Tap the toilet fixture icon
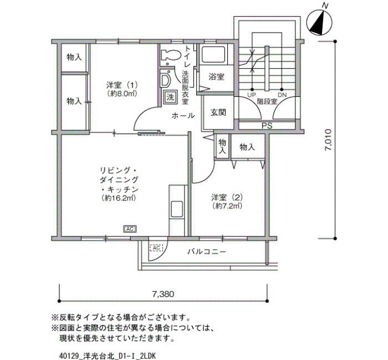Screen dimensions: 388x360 pyautogui.click(x=171, y=55)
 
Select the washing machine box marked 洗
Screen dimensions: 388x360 pyautogui.click(x=170, y=97)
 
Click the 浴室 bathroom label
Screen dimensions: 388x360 pyautogui.click(x=217, y=77)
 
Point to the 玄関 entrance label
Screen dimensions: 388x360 pyautogui.click(x=218, y=112)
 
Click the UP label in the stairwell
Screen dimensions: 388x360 pyautogui.click(x=252, y=95)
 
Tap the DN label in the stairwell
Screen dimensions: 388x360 pyautogui.click(x=282, y=95)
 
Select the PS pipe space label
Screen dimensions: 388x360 pyautogui.click(x=267, y=126)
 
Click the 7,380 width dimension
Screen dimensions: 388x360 pyautogui.click(x=163, y=294)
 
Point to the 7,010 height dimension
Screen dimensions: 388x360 pyautogui.click(x=329, y=140)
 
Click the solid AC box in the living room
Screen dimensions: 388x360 pyautogui.click(x=130, y=229)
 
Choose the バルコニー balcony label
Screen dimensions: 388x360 pyautogui.click(x=207, y=252)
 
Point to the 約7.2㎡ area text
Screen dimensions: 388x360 pyautogui.click(x=227, y=205)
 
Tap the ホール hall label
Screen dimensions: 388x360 pyautogui.click(x=183, y=115)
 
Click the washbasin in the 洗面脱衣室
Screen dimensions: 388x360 pyautogui.click(x=166, y=79)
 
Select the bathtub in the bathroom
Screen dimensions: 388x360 pyautogui.click(x=214, y=55)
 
